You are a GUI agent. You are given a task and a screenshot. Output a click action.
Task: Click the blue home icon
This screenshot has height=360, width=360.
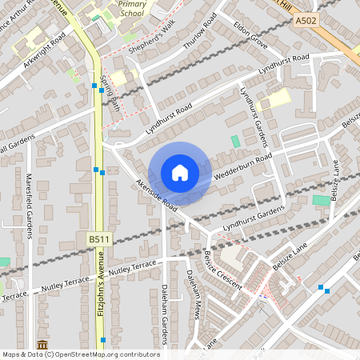pyautogui.click(x=180, y=172)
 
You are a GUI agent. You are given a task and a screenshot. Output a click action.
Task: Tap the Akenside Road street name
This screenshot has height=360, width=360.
pyautogui.click(x=156, y=194)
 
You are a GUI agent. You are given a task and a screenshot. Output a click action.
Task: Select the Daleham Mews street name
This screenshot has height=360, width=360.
pyautogui.click(x=193, y=294)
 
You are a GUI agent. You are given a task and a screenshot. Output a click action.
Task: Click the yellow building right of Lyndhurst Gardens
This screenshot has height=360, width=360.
pyautogui.click(x=276, y=99)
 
